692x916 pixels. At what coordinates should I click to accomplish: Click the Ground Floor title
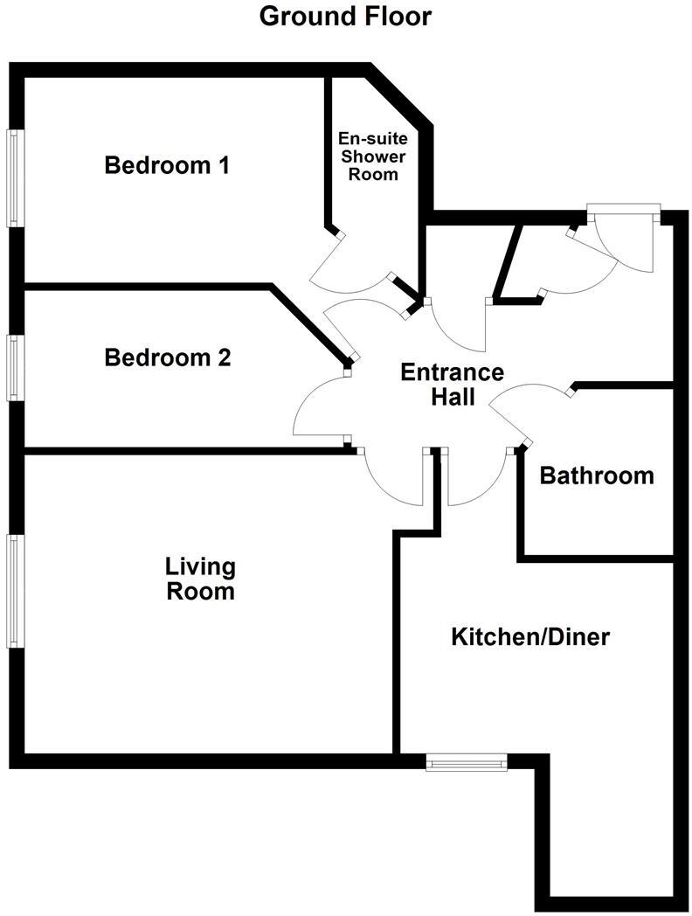pos(345,16)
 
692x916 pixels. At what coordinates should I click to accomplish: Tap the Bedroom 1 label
pos(167,165)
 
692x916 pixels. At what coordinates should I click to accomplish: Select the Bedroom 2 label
pos(167,357)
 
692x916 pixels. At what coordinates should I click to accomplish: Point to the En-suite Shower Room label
pos(374,156)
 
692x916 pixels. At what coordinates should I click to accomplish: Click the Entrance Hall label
pos(452,385)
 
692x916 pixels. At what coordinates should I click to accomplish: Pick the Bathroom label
pos(597,475)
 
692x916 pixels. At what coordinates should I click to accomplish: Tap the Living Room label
pos(201,579)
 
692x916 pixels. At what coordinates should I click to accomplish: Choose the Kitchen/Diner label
pos(529,636)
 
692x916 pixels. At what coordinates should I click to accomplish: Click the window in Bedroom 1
pos(15,178)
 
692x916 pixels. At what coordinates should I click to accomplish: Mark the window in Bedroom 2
pos(15,368)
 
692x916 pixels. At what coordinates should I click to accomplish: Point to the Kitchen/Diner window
pos(467,764)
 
